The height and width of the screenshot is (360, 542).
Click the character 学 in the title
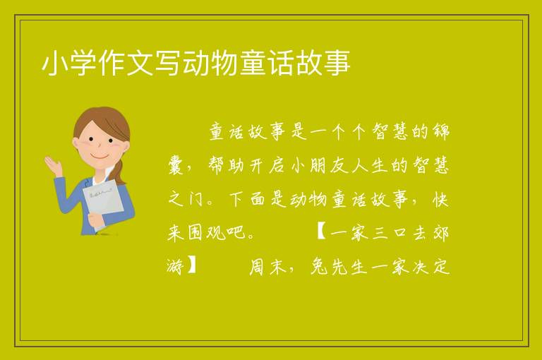click(83, 63)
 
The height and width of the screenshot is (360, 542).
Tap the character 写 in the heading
click(169, 63)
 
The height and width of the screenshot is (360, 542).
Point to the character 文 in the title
click(140, 63)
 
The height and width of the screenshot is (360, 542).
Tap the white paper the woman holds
click(102, 201)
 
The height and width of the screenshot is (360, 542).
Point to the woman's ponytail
click(119, 172)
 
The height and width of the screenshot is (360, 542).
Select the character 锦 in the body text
click(441, 132)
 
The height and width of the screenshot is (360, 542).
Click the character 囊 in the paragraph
click(177, 165)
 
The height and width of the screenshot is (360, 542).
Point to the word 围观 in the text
click(207, 233)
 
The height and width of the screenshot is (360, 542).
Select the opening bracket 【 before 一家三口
click(320, 232)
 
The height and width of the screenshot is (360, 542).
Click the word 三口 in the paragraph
click(390, 233)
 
